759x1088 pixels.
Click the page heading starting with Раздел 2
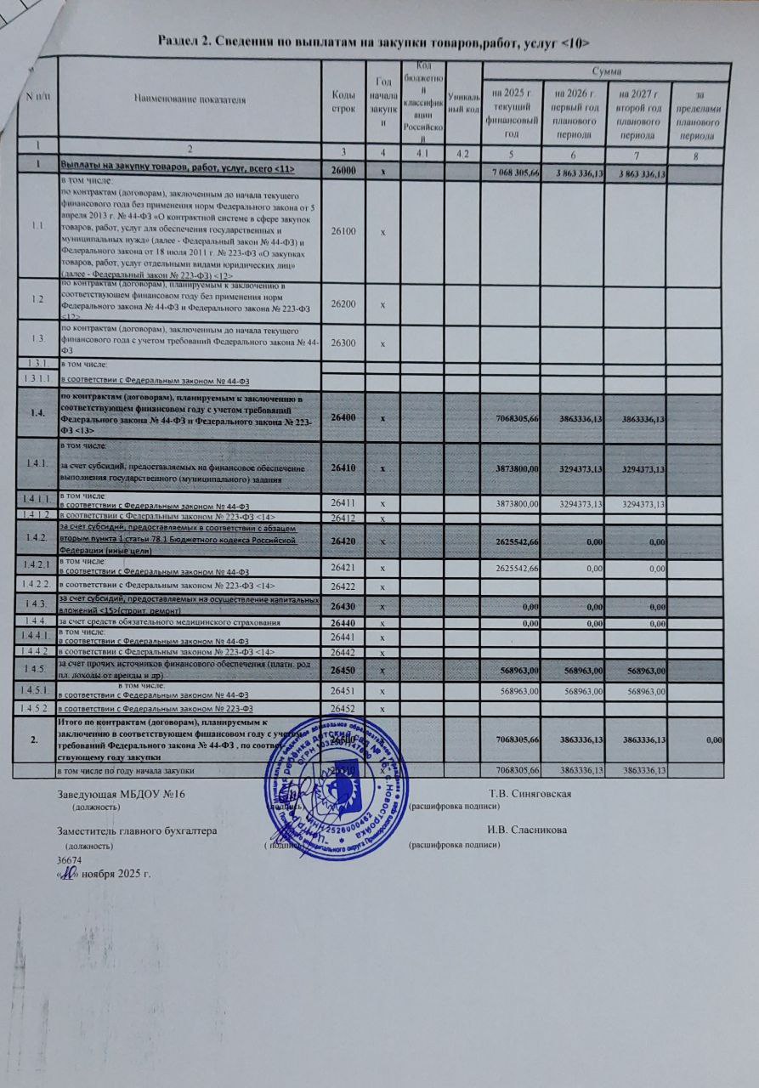(x=374, y=40)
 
